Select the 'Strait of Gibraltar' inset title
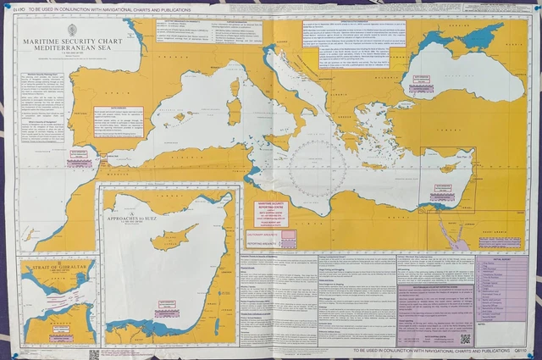55,269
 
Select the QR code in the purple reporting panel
465,338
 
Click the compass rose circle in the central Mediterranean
318,165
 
